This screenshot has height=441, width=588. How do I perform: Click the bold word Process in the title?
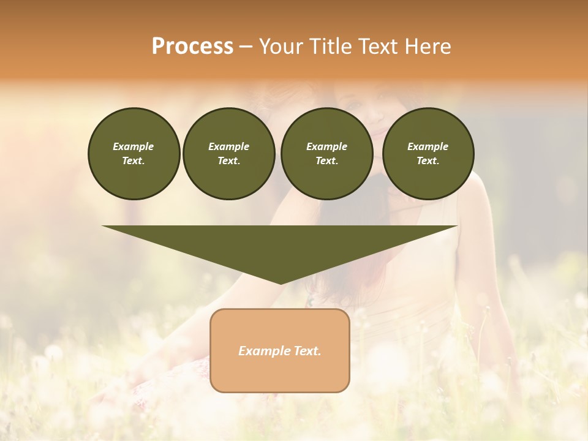pos(192,47)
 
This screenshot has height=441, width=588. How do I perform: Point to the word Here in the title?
pos(429,47)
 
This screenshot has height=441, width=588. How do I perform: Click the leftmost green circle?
pos(134,154)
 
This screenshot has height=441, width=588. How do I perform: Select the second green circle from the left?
pos(229,154)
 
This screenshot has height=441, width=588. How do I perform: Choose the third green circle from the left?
pos(327,154)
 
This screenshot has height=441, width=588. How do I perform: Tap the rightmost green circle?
pos(428,154)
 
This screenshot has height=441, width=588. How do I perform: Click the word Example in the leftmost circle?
pos(134,146)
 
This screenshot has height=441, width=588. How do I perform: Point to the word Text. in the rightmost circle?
pos(428,161)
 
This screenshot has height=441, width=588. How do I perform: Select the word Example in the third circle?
pos(326,146)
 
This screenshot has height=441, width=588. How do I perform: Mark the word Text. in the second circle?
pos(229,161)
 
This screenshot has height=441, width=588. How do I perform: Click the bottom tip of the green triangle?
pos(281,282)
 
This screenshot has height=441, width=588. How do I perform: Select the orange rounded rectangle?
pos(280,374)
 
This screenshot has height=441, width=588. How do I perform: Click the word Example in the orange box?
pos(262,351)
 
